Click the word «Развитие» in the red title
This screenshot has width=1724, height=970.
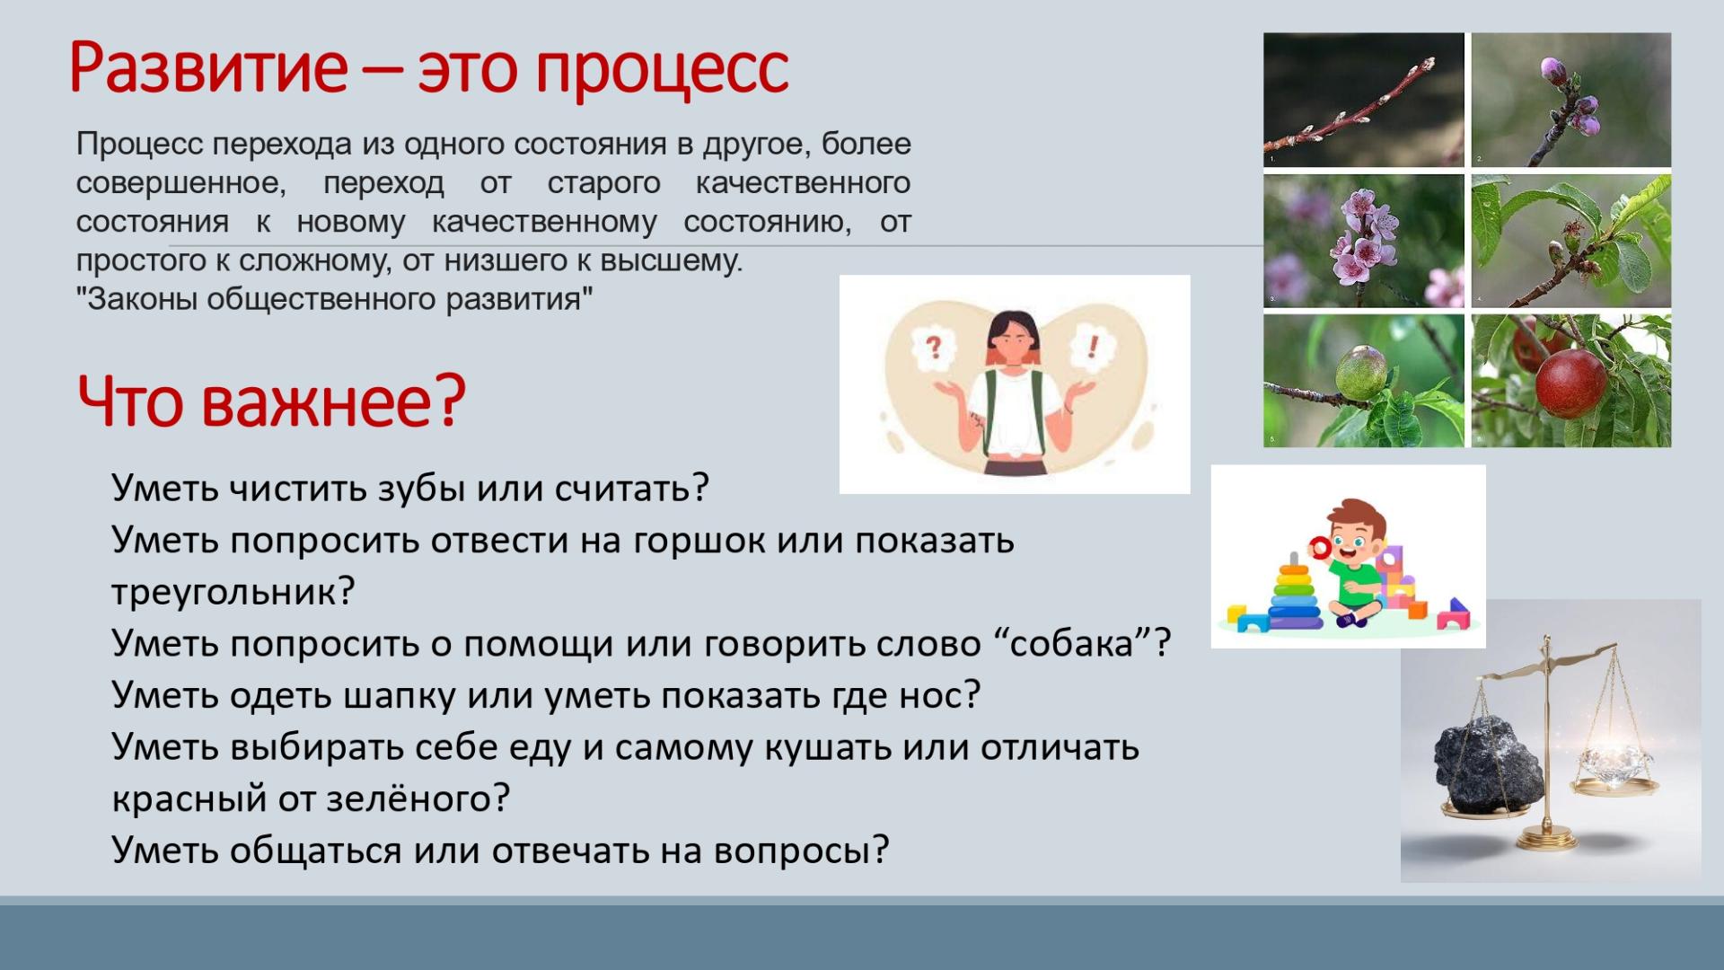208,68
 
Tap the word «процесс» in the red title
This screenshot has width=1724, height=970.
663,70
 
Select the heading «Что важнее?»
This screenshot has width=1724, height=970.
271,401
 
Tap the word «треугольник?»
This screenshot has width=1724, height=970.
233,593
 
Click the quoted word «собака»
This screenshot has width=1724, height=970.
1072,644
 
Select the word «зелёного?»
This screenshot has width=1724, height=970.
418,798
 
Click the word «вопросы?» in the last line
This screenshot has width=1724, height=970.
801,851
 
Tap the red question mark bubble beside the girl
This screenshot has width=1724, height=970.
933,346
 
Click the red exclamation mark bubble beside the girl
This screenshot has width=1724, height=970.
1093,346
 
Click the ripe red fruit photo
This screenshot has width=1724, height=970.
1571,380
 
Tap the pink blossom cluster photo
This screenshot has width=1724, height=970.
1363,241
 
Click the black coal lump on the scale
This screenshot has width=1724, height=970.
1489,764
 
